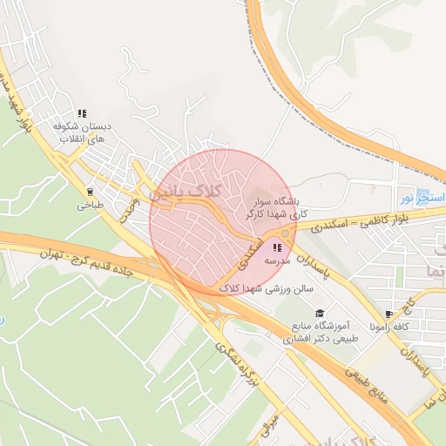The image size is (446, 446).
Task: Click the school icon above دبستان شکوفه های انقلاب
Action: pos(83,113)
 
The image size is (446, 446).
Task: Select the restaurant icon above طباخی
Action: pos(90,192)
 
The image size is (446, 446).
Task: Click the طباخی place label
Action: pos(90,206)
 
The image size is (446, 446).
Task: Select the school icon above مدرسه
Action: pos(277,248)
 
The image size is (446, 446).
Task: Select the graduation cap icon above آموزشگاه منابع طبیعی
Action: pos(319,313)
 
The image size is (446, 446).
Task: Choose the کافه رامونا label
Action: pos(389,328)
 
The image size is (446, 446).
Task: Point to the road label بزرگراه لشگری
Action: pos(240,364)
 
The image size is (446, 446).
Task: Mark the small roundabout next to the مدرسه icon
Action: pos(287,233)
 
